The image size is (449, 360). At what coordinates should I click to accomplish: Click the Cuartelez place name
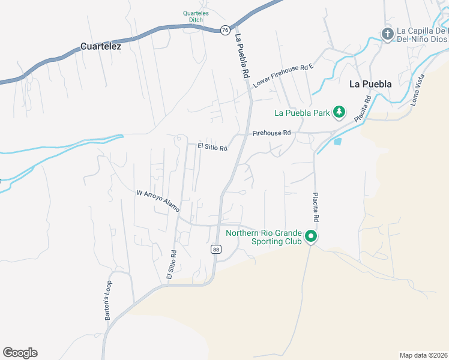tap(101, 46)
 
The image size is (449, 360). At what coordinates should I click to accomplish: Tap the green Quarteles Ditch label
tap(199, 16)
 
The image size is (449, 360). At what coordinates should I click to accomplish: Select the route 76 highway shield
tap(224, 29)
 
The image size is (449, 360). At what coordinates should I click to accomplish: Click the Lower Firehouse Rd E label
tap(283, 75)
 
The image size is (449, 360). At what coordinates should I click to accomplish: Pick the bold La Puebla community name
tap(370, 84)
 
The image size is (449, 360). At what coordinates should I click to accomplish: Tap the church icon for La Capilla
tap(387, 35)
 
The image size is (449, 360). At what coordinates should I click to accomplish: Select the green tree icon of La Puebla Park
tap(339, 112)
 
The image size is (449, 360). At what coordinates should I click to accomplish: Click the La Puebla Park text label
tap(303, 112)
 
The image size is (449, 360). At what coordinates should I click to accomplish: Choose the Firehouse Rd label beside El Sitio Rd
tap(271, 133)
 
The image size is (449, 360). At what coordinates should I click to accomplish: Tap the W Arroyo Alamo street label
tap(158, 201)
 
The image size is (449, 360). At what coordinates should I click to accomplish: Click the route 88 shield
tap(215, 249)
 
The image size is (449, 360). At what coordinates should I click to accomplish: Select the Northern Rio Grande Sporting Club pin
tap(311, 237)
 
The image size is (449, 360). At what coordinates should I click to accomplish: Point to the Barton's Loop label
tap(109, 296)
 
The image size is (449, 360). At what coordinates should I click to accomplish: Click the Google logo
tap(20, 353)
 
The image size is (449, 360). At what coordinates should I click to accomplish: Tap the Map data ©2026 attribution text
tap(423, 355)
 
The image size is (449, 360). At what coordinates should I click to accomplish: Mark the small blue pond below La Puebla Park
tap(337, 142)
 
